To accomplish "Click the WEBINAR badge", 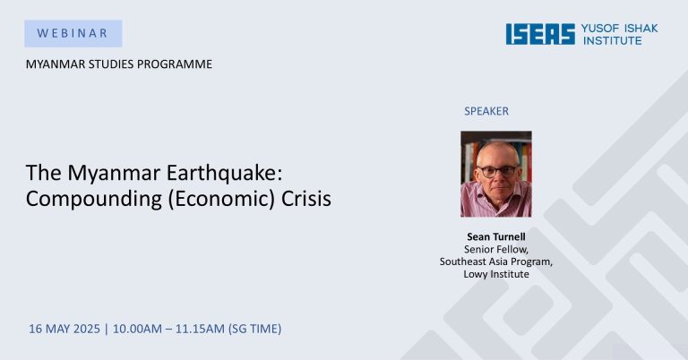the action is tap(73, 33).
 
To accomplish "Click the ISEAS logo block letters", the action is tap(540, 34).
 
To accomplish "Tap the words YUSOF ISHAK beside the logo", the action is tap(620, 29).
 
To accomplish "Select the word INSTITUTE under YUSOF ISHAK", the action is tap(613, 40).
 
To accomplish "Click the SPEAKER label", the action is tap(486, 111).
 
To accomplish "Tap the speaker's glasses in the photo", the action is tap(498, 170).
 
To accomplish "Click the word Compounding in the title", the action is tap(93, 199).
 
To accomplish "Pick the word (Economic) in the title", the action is tap(220, 199).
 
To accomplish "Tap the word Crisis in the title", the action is tap(305, 199).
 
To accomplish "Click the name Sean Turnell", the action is tap(495, 236).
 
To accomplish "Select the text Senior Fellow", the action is tap(495, 250).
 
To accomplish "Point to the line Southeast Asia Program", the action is tap(495, 261).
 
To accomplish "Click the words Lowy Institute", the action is tap(495, 274).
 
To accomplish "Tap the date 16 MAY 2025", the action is tap(64, 329).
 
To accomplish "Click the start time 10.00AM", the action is tap(137, 329).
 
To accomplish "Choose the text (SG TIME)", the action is tap(255, 329).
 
